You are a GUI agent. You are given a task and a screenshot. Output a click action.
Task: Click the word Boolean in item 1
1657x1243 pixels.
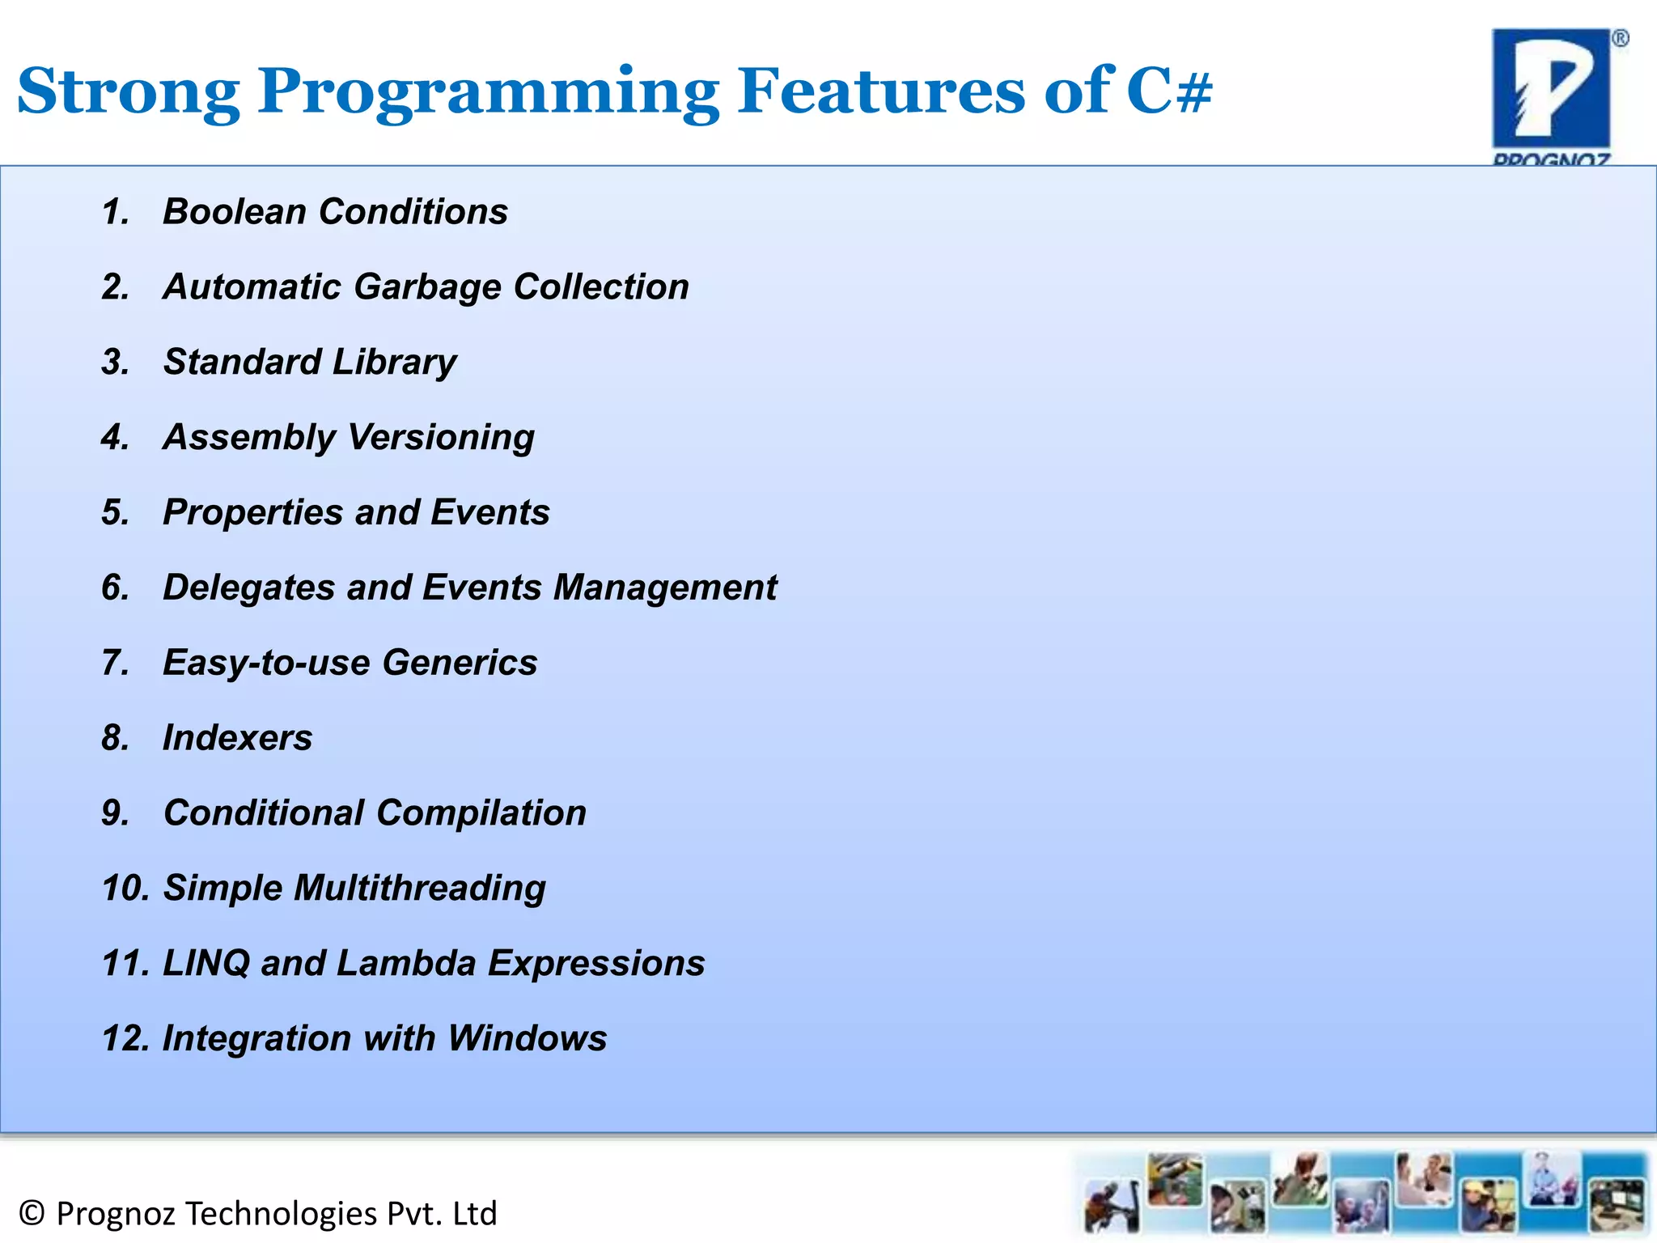pyautogui.click(x=235, y=212)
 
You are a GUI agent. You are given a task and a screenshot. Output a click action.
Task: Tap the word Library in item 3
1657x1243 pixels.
pyautogui.click(x=394, y=363)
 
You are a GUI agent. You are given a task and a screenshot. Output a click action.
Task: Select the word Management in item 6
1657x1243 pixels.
pyautogui.click(x=664, y=588)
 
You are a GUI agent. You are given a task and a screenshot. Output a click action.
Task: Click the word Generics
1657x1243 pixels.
pyautogui.click(x=460, y=663)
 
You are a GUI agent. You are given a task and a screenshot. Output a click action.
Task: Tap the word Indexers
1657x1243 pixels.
pyautogui.click(x=237, y=738)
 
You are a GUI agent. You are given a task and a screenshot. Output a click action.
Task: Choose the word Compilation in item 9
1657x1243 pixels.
pyautogui.click(x=481, y=813)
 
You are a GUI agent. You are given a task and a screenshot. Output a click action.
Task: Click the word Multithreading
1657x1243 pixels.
pyautogui.click(x=419, y=889)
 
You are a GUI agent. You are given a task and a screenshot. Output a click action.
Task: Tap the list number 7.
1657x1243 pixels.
pyautogui.click(x=114, y=663)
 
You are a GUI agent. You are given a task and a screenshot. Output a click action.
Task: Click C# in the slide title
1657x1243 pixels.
pyautogui.click(x=1168, y=91)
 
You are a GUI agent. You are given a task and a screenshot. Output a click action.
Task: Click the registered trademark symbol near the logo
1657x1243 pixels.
pyautogui.click(x=1620, y=39)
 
